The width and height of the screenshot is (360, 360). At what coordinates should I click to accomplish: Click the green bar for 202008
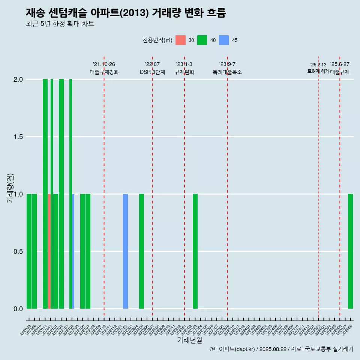[29, 251]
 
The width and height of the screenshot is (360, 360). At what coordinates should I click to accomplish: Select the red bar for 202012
[49, 251]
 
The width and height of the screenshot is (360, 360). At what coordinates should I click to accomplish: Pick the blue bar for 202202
[125, 251]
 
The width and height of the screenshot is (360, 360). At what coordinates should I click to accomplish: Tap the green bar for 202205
[141, 251]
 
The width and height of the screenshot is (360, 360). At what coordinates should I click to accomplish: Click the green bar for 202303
[195, 251]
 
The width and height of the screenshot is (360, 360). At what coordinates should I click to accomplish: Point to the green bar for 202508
[350, 251]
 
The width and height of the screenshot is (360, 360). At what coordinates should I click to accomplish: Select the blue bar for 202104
[73, 251]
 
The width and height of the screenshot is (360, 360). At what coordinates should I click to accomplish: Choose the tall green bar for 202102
[61, 194]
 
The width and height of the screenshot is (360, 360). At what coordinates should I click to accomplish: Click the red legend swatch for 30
[181, 40]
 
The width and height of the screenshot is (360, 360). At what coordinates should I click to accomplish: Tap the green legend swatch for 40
[202, 40]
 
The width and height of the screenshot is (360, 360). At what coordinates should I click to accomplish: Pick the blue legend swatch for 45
[224, 40]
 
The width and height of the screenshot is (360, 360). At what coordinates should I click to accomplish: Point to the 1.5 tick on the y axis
[18, 137]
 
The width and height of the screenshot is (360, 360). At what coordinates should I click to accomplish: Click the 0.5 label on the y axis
[18, 252]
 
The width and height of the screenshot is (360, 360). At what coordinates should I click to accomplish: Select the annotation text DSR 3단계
[152, 72]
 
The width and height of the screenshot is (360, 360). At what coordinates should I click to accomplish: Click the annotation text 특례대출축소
[227, 72]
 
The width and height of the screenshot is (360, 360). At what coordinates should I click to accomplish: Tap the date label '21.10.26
[104, 64]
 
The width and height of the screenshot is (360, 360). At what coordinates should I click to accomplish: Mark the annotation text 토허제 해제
[318, 71]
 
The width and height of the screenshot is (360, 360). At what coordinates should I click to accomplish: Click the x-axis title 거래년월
[190, 340]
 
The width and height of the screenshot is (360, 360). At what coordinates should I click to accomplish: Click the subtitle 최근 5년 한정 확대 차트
[60, 24]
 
